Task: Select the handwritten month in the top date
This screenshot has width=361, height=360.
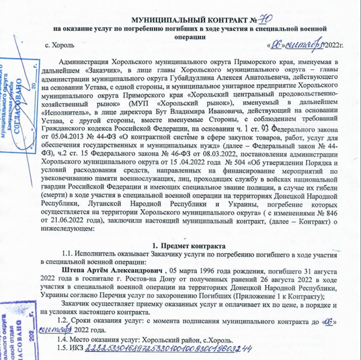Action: pyautogui.click(x=302, y=45)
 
